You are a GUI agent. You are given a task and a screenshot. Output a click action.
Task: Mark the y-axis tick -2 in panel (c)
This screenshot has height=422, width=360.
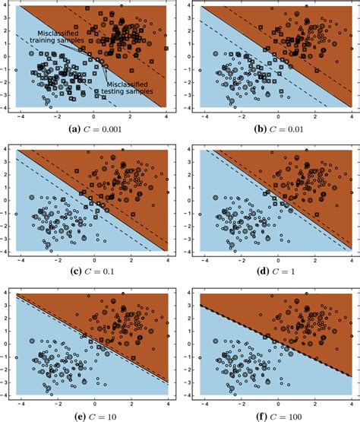tap(9, 224)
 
